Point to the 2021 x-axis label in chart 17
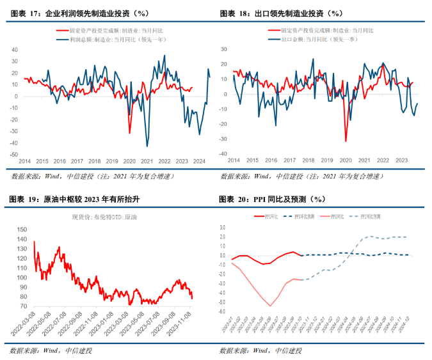[x=147, y=160]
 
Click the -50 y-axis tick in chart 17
[x=15, y=154]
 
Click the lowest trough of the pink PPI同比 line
[x=270, y=306]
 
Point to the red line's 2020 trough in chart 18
[x=346, y=141]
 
